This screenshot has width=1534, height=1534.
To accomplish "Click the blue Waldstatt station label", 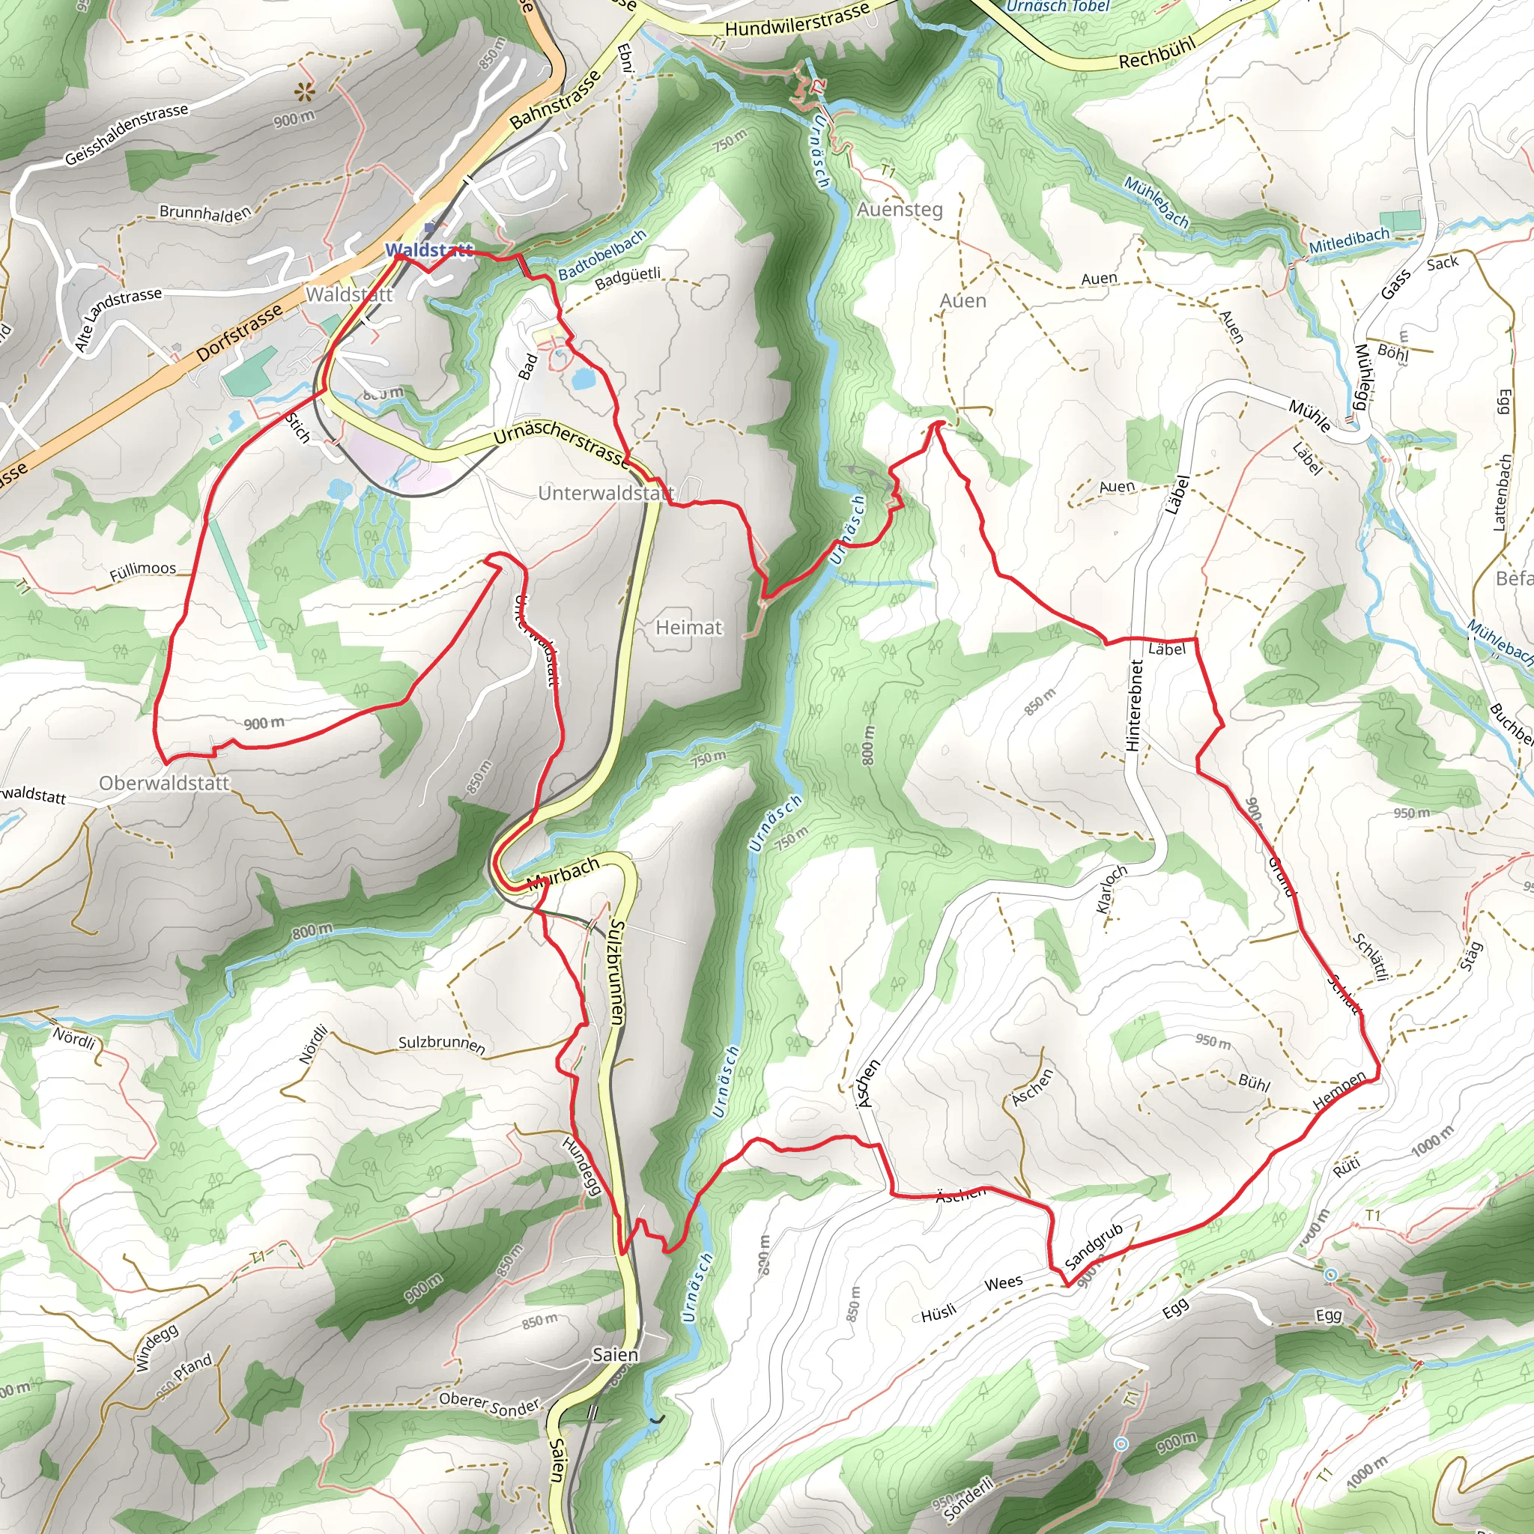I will point(428,250).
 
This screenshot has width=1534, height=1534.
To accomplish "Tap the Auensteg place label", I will point(900,209).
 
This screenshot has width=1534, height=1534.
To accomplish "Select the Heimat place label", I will point(688,627).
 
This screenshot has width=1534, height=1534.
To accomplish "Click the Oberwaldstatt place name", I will point(163,783).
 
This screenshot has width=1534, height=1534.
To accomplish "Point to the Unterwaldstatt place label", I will point(606,493).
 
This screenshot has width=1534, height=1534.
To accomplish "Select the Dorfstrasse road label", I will point(239,332).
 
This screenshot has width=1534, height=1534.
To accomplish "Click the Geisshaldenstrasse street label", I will point(127,133).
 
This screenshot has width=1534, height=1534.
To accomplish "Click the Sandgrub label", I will point(1094,1245).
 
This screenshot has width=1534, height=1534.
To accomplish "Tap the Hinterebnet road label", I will point(1134,705).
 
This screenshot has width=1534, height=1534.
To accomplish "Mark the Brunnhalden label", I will point(204,212).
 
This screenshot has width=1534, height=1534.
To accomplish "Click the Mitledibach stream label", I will point(1350,240).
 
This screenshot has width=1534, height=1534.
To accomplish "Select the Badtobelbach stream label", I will point(603,255).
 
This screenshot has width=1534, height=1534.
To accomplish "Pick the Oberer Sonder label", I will point(489,1404).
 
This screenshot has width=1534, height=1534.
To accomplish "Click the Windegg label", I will point(157,1347).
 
